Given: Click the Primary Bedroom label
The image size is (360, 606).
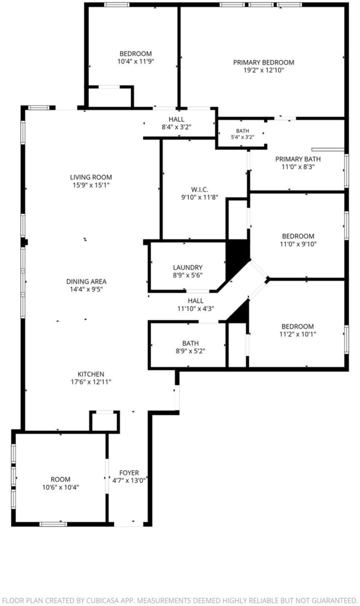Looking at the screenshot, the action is [263, 62].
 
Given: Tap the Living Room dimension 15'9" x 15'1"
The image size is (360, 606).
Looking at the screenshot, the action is [91, 185].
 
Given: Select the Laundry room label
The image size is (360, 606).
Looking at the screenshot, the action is [188, 267].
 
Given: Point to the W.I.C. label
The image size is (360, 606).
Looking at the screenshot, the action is [200, 189].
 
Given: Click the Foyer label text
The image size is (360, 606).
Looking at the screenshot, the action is [128, 473].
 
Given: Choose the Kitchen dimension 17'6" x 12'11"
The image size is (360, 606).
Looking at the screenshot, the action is [91, 382].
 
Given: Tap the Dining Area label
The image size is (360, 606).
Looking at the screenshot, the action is [86, 281].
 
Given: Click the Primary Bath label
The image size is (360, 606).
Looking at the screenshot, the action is [298, 159].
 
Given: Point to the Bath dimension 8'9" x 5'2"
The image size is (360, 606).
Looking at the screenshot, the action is [190, 351].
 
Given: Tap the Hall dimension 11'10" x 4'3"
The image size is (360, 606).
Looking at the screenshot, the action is [195, 308].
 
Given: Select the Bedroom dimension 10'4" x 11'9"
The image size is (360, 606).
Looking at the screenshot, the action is [136, 62].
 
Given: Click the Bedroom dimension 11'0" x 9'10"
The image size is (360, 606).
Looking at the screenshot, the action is [298, 244].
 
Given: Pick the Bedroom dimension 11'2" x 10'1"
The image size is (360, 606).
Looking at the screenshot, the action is [297, 334].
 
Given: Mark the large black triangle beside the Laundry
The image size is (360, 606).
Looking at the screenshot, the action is [236, 256].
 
